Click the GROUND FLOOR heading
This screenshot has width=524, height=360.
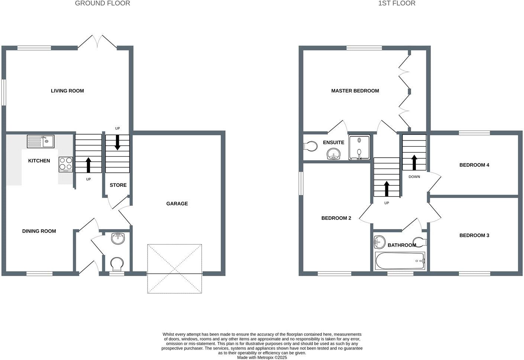(103, 3)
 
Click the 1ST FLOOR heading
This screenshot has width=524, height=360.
(397, 3)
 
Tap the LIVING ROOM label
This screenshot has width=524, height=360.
(67, 91)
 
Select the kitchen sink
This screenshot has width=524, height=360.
(41, 142)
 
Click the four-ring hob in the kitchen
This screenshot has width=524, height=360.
(66, 164)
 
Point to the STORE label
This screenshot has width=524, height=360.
(118, 185)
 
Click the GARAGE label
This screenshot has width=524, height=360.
(177, 204)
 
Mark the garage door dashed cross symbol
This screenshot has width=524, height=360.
(175, 268)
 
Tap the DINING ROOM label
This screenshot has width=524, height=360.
(39, 231)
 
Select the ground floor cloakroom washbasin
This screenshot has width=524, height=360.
(118, 239)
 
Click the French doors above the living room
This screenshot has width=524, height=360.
(97, 42)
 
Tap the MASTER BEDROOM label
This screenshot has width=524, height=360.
(355, 91)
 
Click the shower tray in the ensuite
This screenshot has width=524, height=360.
(359, 147)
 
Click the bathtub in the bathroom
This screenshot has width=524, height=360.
(400, 261)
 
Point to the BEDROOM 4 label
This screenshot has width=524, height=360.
(474, 165)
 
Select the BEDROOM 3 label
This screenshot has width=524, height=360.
(474, 235)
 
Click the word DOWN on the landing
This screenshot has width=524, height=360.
(414, 177)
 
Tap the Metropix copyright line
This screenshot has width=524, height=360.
(262, 357)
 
